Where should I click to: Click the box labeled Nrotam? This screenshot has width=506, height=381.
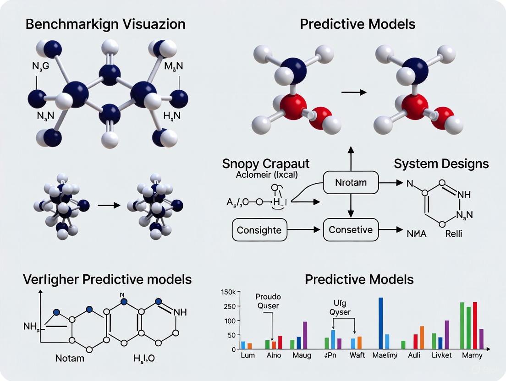(351, 183)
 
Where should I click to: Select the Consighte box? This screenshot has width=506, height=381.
(259, 229)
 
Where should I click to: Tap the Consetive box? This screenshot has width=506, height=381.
(351, 229)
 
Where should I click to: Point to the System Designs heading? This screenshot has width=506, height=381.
(442, 163)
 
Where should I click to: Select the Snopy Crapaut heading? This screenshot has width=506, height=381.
(266, 163)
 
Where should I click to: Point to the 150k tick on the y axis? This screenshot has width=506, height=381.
(228, 292)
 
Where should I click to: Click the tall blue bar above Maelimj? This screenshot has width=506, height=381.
(380, 323)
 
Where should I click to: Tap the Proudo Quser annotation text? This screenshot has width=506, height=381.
(268, 301)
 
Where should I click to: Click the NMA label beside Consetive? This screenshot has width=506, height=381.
(416, 234)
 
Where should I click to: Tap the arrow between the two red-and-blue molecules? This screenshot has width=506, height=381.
(354, 93)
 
